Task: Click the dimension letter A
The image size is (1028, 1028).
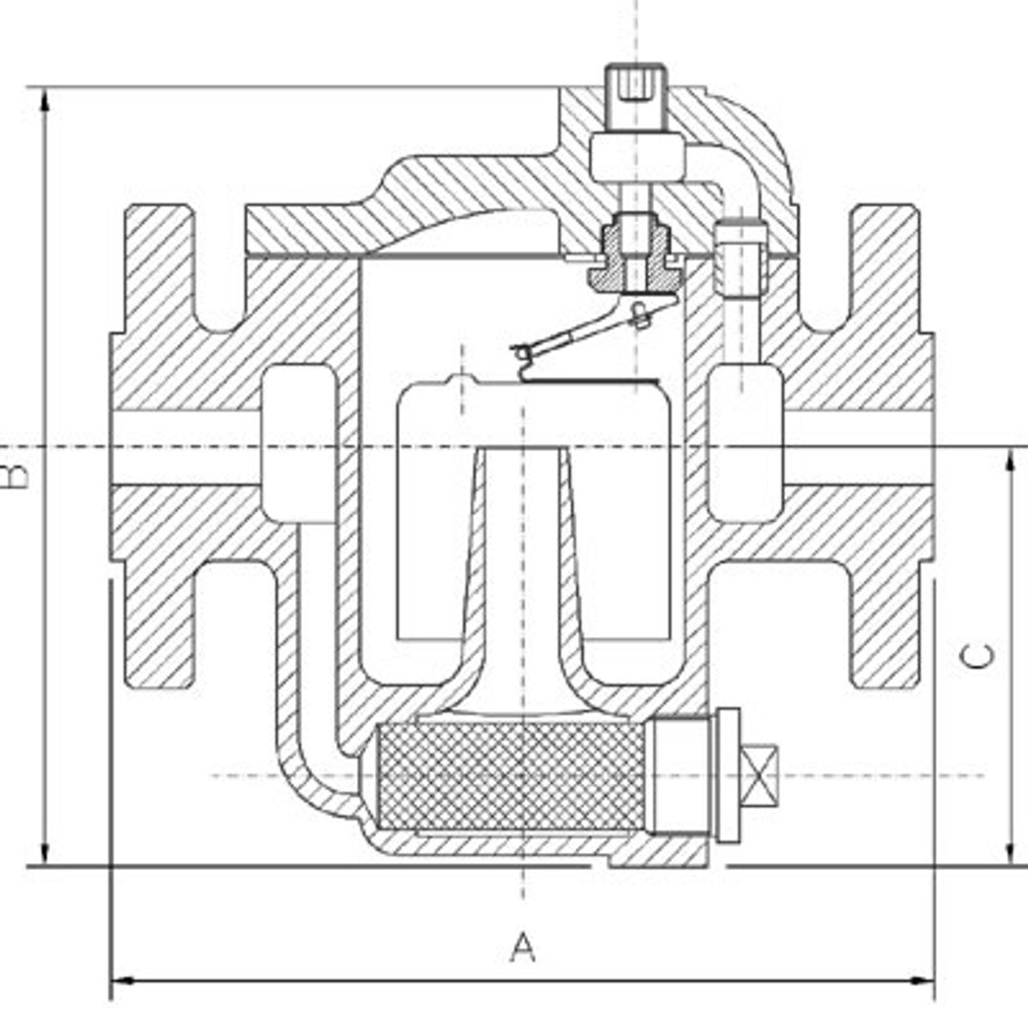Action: pos(523,947)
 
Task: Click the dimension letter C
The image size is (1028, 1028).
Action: pos(979,656)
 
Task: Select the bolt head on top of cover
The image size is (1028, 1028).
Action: pos(636,86)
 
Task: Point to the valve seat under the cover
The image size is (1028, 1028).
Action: pos(633,263)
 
